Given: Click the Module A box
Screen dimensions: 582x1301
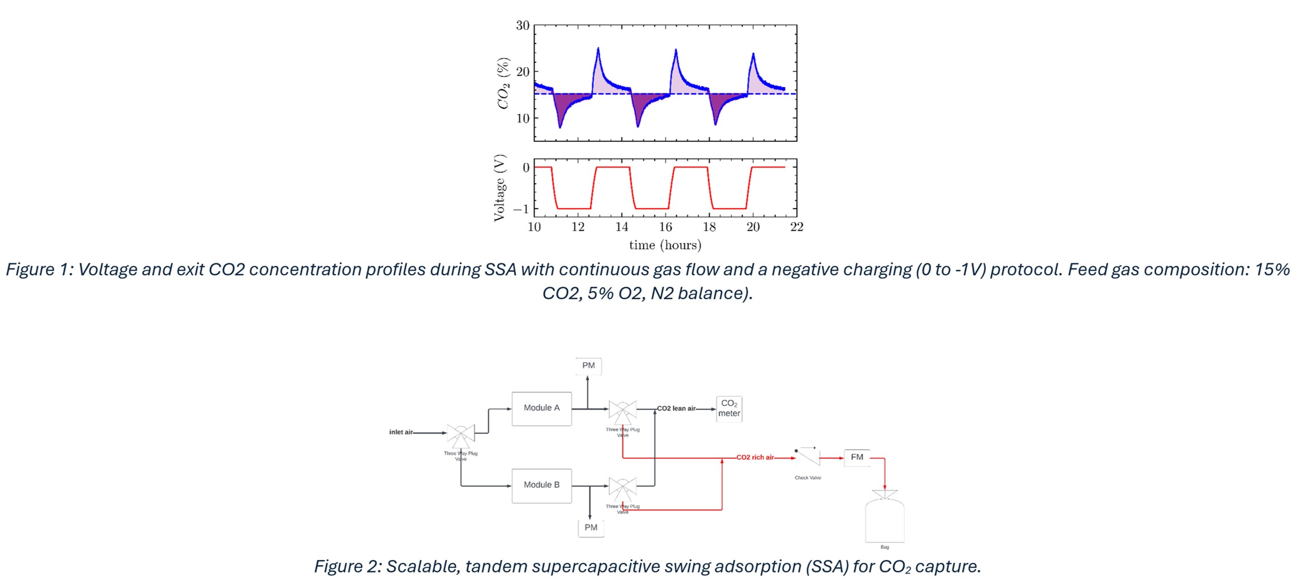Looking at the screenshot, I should click(541, 408).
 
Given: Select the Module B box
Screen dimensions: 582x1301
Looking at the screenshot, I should click(541, 485).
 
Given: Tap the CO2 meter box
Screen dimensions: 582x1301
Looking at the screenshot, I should click(729, 409).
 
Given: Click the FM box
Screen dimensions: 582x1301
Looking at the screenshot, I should click(857, 457).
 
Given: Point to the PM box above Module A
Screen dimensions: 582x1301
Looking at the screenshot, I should click(588, 366).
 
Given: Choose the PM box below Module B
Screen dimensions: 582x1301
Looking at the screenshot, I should click(591, 528).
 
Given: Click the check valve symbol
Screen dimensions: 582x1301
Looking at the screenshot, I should click(808, 455).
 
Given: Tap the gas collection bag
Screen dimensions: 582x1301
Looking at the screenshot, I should click(884, 520).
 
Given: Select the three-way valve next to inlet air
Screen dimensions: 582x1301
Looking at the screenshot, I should click(461, 434).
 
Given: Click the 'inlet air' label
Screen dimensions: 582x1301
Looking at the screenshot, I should click(401, 432).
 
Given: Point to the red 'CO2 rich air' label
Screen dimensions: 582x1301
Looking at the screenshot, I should click(755, 457).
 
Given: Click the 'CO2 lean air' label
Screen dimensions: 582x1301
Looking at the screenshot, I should click(676, 408).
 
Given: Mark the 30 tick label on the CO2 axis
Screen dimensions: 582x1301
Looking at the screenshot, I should click(522, 25).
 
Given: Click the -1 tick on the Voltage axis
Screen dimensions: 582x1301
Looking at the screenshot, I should click(521, 209).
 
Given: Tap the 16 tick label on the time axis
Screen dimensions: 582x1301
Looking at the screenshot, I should click(665, 227).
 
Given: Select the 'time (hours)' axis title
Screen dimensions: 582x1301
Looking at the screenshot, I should click(665, 245).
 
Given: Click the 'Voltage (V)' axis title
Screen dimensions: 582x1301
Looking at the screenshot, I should click(499, 188).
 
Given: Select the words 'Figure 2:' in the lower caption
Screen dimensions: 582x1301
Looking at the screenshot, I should click(348, 566).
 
